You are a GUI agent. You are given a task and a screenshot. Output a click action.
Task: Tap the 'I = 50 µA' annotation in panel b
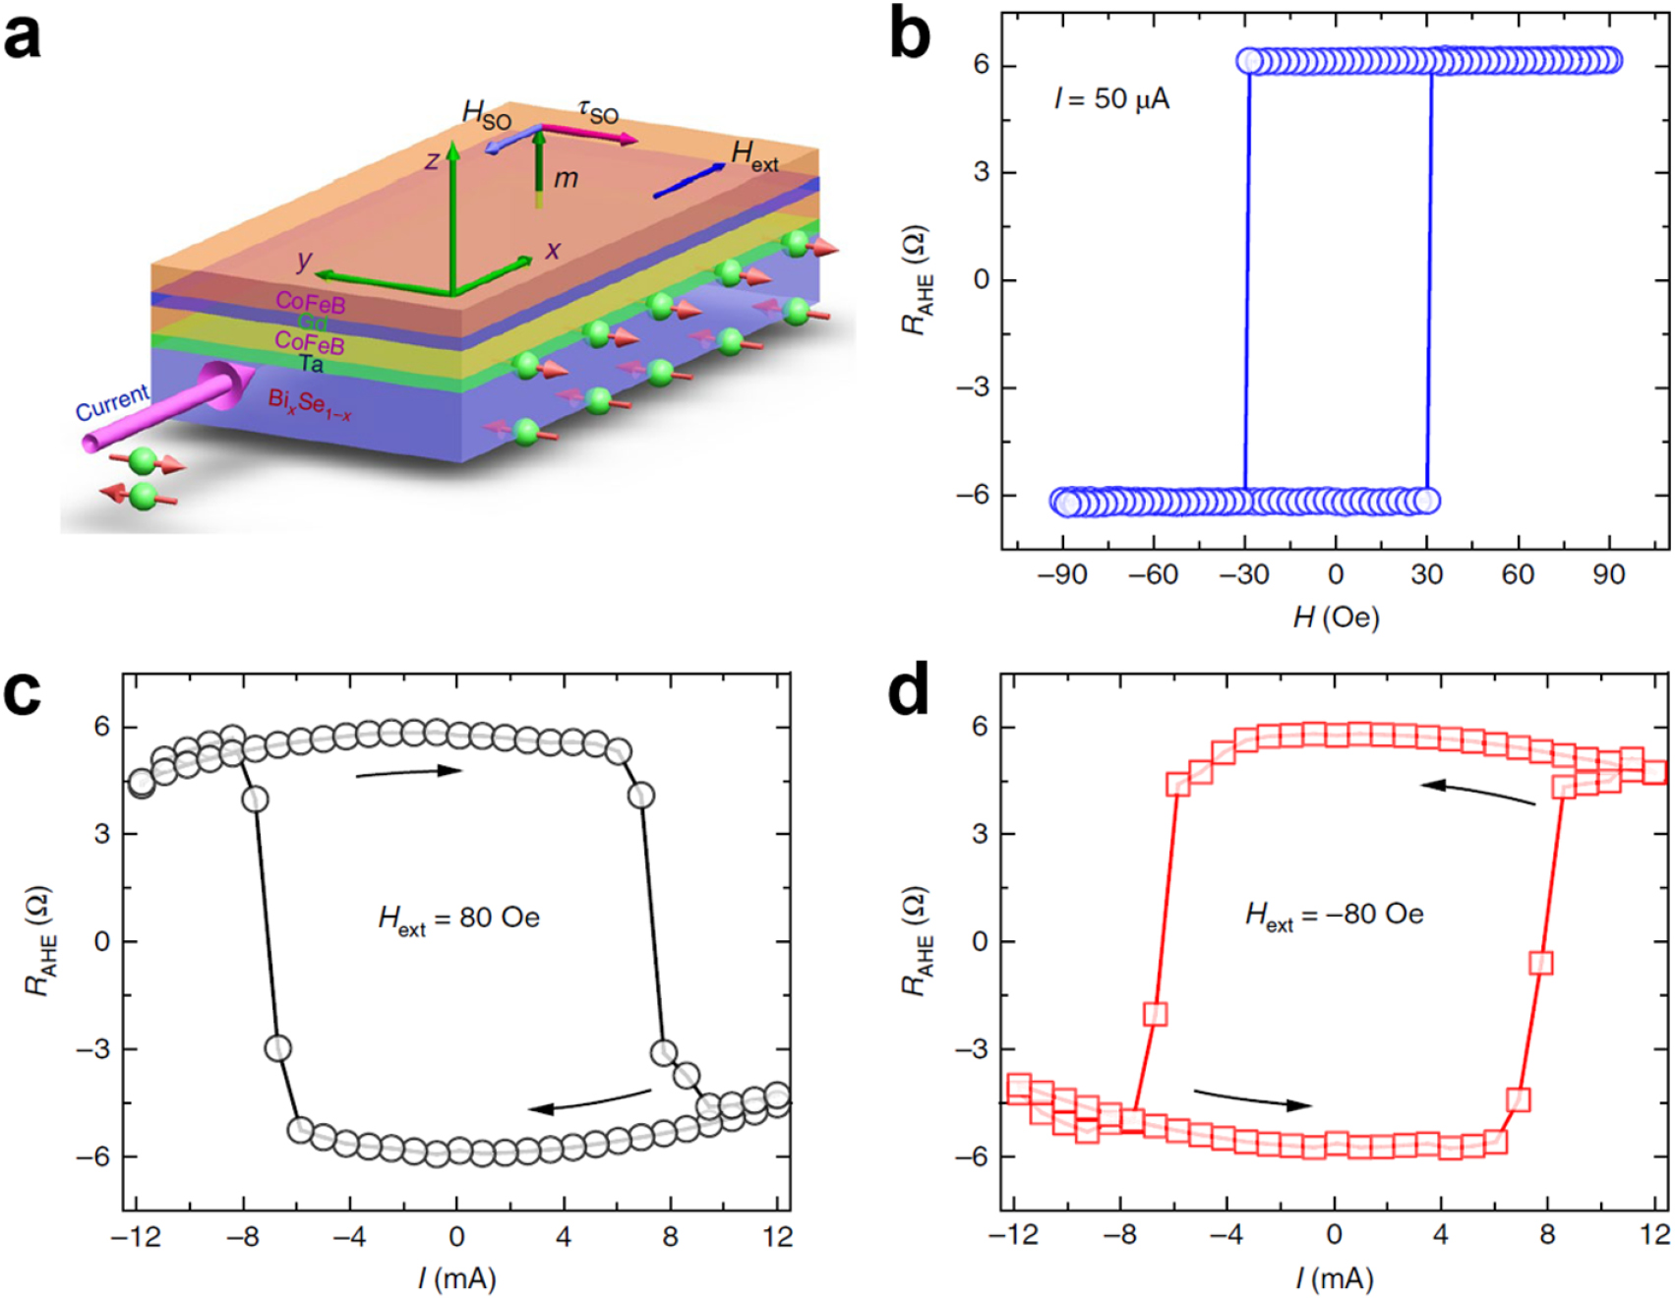click(1111, 99)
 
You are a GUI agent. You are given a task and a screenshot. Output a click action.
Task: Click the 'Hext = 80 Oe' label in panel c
click(458, 919)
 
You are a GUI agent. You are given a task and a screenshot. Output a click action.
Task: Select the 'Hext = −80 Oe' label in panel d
click(1334, 916)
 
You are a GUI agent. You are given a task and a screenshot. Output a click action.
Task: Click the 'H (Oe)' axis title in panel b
click(1336, 619)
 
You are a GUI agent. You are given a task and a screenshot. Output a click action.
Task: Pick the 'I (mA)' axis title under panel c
click(456, 1278)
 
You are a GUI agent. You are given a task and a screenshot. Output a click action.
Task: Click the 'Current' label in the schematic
click(112, 402)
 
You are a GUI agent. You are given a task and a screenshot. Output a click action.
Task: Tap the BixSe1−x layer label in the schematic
click(309, 404)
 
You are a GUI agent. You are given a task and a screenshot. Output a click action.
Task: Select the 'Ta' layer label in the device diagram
click(311, 365)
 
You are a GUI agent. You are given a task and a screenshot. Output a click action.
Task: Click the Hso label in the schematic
click(487, 116)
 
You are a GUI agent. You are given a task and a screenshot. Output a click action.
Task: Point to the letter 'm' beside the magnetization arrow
click(566, 178)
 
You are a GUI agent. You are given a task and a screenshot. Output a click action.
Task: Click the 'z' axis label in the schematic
click(432, 160)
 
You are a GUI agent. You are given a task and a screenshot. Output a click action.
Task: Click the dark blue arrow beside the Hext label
click(688, 181)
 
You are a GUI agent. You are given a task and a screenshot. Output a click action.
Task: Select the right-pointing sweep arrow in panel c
click(408, 772)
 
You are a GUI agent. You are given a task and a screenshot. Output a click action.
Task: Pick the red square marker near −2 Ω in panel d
click(1156, 1014)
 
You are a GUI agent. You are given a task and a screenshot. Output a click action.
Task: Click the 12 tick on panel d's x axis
click(1654, 1235)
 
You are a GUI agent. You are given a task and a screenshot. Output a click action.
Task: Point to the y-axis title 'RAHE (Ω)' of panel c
click(39, 942)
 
